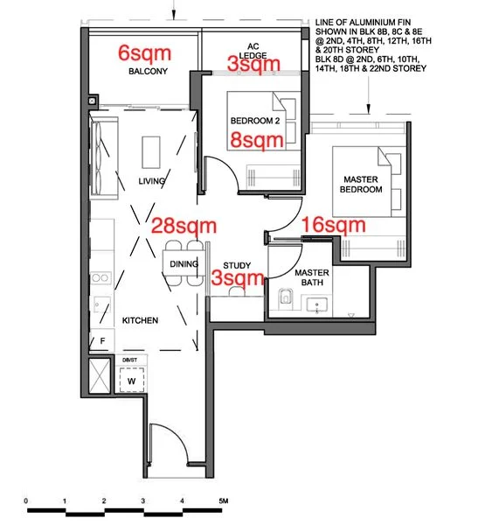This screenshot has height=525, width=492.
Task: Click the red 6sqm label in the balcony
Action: pos(144,53)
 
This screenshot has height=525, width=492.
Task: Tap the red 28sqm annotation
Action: pos(184,226)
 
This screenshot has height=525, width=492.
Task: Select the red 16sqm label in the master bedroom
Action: pos(334,224)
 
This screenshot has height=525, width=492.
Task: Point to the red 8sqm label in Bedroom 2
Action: pos(257,140)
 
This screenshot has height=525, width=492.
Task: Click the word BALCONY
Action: pos(149,71)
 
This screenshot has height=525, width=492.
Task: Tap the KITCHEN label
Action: pos(140,320)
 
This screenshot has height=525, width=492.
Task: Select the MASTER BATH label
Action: pos(312,277)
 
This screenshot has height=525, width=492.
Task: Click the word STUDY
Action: pos(237,265)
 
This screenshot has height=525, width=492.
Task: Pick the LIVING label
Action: pos(151,181)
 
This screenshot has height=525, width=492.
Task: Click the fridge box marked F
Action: pos(102,339)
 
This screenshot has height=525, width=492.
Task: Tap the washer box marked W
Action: pos(131,381)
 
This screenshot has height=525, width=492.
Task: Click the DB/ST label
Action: pos(129,360)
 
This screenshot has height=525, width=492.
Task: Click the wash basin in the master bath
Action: pos(316,304)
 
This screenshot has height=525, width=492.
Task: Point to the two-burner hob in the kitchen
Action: pos(100,278)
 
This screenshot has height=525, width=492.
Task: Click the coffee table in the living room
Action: pos(151,152)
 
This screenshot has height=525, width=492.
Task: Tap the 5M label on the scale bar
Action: pos(224,500)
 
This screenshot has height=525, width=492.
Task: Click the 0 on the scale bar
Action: pos(26,501)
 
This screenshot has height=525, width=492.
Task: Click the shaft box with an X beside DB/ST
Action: pos(100,375)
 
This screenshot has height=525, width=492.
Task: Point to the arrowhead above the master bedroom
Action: pos(368,108)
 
